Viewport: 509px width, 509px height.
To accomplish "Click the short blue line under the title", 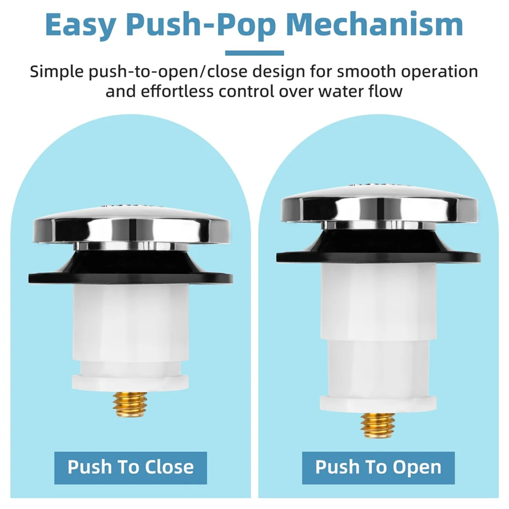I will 255,53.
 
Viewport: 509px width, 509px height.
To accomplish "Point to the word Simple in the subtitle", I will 56,72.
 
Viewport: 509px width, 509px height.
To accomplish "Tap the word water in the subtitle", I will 336,91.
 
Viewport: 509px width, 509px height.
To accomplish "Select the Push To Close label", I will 131,467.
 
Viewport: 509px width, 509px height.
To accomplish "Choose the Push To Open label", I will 378,467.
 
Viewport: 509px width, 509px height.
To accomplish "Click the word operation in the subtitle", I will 439,72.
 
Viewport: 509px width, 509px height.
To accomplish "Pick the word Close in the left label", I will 169,467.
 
